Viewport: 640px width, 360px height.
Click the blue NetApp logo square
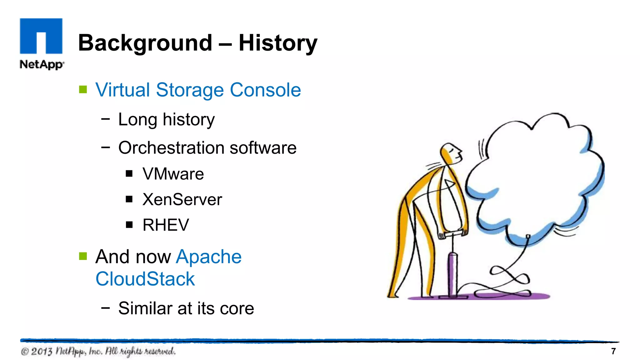click(x=41, y=36)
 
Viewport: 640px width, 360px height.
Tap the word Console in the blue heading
click(x=265, y=90)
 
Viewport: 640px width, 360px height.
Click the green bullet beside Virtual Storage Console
click(x=83, y=90)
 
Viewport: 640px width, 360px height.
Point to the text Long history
click(x=166, y=120)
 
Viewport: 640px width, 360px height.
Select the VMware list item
click(x=173, y=174)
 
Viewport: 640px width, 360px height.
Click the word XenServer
click(x=182, y=199)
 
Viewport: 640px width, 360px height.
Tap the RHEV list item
click(x=166, y=225)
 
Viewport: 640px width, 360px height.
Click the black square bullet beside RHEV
click(x=129, y=225)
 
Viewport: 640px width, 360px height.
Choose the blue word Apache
click(x=209, y=257)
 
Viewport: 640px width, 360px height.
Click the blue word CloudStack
click(x=145, y=279)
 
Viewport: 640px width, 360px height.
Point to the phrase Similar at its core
click(x=186, y=308)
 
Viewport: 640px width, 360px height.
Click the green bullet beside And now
click(x=83, y=256)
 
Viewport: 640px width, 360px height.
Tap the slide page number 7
click(x=613, y=351)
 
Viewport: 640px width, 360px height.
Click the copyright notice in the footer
click(x=98, y=351)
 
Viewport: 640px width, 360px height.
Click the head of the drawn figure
click(x=451, y=153)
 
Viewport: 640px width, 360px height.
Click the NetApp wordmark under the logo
click(x=42, y=64)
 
